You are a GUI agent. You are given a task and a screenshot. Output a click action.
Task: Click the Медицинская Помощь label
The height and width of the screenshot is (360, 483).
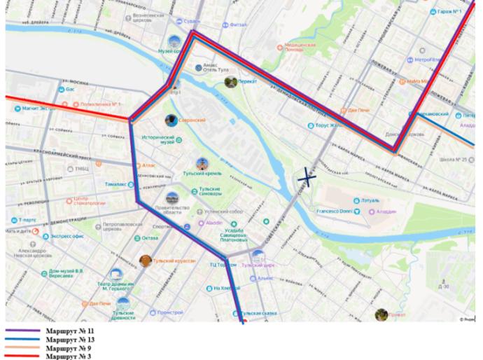(300, 47)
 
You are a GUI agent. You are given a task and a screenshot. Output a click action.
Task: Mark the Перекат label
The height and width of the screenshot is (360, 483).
(248, 82)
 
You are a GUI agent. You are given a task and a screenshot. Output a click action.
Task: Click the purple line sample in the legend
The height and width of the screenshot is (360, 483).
(22, 330)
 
